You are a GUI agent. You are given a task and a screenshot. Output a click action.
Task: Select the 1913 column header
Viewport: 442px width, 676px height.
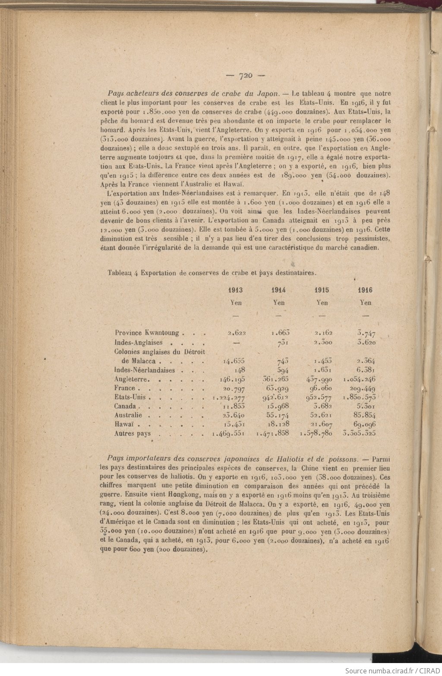point(236,291)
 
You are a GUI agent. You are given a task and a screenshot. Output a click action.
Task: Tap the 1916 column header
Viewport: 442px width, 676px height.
point(365,291)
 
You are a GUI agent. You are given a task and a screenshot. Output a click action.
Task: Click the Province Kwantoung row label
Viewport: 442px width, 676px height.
point(147,333)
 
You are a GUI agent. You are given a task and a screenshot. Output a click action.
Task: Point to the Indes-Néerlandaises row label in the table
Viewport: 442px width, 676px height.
point(145,370)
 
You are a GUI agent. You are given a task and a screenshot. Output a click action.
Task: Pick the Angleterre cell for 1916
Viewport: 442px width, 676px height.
point(359,379)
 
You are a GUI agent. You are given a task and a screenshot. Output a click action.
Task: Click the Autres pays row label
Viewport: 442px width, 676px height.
point(132,433)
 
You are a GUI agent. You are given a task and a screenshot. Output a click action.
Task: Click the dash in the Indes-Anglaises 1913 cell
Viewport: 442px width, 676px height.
point(236,342)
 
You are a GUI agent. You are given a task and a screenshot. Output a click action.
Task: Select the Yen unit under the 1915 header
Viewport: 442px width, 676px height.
point(322,303)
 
